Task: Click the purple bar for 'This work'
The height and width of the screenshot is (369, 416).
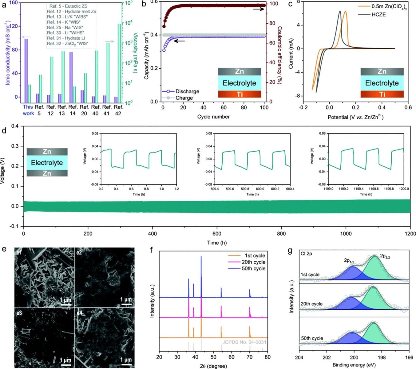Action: click(26, 68)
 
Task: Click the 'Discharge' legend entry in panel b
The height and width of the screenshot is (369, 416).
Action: click(187, 91)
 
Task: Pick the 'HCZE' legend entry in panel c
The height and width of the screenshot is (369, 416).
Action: click(378, 14)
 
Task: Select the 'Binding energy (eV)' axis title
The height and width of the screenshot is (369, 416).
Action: click(354, 365)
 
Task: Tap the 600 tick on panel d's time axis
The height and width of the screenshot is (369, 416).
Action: click(217, 233)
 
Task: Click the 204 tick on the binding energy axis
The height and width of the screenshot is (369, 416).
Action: click(299, 358)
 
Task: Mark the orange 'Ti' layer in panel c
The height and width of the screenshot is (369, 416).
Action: click(382, 94)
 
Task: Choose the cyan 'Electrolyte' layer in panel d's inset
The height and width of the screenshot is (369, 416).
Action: click(47, 163)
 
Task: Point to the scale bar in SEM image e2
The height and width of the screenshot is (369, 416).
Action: click(126, 304)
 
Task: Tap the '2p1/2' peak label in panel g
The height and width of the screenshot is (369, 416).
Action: click(349, 261)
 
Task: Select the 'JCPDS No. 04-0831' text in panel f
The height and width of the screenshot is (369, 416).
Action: click(244, 342)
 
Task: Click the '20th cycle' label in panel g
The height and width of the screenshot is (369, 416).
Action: click(311, 304)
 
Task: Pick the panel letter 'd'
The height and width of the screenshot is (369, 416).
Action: click(4, 130)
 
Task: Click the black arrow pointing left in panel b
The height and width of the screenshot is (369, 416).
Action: click(180, 41)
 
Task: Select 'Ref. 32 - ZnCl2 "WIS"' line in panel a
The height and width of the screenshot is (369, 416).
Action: click(67, 43)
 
